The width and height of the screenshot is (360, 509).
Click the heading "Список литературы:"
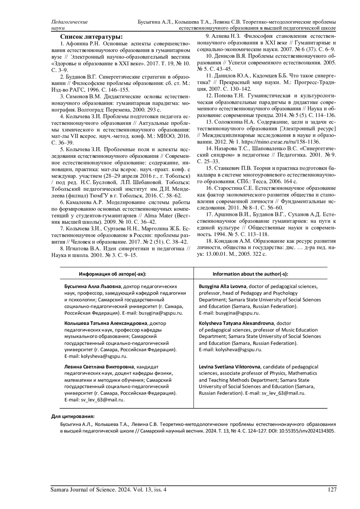pos(91,37)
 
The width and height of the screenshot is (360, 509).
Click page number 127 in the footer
pos(332,490)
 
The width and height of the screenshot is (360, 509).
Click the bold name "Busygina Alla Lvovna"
pos(223,286)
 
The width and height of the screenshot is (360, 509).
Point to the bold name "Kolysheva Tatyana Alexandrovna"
pos(236,323)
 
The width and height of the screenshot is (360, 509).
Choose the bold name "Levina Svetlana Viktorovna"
pos(230,367)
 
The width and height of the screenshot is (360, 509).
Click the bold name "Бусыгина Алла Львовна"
pos(93,286)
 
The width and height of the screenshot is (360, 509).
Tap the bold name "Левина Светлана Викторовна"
pos(99,367)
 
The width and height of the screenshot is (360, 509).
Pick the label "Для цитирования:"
pos(73,417)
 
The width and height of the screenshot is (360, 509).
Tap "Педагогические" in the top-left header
pos(70,22)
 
